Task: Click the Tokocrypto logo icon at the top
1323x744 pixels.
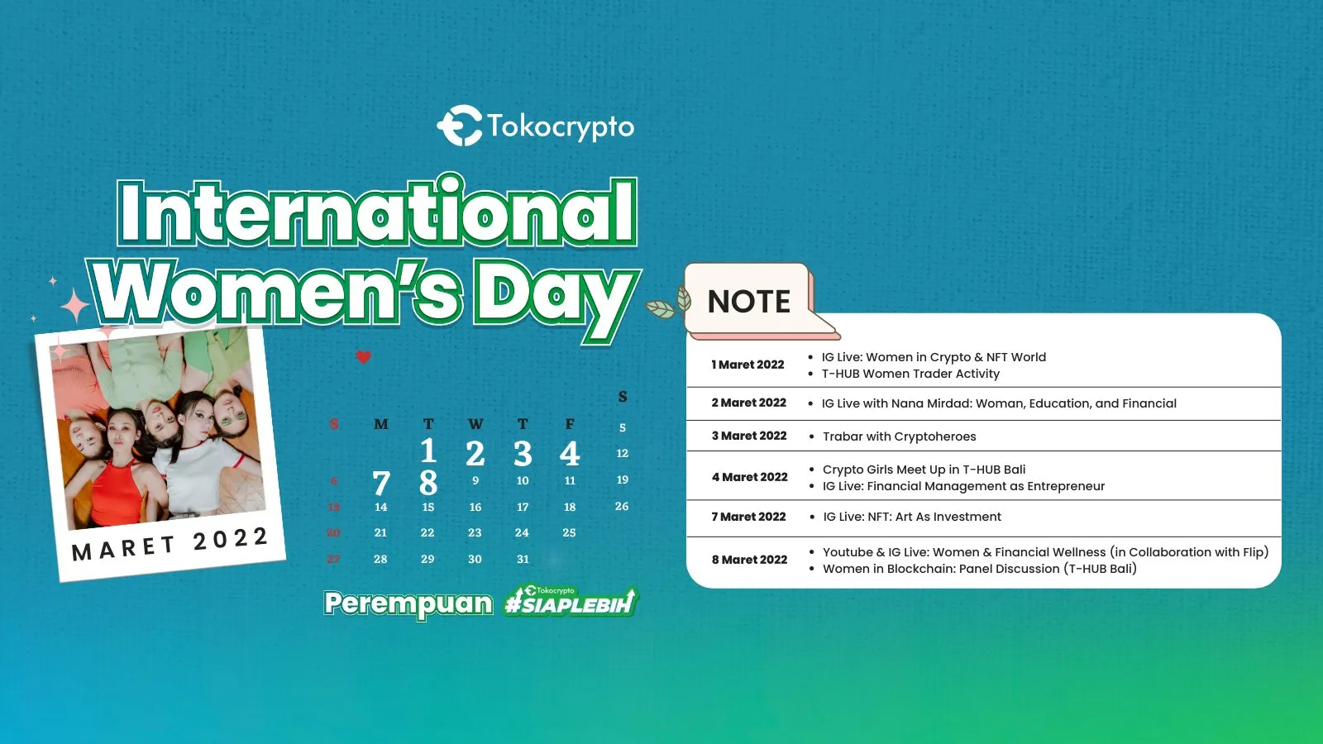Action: (x=459, y=126)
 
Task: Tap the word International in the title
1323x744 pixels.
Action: (x=377, y=213)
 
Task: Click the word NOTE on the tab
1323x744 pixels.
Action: (x=749, y=302)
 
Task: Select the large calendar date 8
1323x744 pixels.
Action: (x=428, y=483)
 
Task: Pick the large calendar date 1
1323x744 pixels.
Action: (x=428, y=451)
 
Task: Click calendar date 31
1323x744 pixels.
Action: (x=523, y=560)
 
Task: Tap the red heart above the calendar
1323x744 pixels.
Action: (x=363, y=357)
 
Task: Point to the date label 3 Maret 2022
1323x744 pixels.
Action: (x=749, y=436)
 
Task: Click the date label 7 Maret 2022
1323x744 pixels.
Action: (x=748, y=517)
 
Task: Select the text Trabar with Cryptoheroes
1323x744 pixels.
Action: (x=899, y=436)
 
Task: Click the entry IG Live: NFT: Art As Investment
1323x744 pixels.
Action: (x=911, y=517)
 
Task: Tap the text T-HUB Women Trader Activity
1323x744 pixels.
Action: (x=910, y=374)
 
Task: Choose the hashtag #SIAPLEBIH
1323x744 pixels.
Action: (x=571, y=603)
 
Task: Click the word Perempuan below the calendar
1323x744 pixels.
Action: (x=408, y=603)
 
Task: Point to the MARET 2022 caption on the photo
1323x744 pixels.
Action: (x=170, y=544)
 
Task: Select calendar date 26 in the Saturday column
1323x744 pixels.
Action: (x=622, y=506)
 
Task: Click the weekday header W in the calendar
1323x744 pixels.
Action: (x=475, y=424)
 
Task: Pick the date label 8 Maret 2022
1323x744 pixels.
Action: (x=749, y=560)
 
